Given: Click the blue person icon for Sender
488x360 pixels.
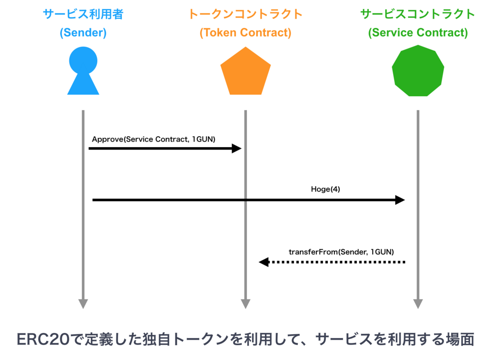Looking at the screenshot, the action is coord(83,70).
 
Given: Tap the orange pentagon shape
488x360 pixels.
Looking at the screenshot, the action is coord(245,71).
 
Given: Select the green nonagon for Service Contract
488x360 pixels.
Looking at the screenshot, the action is coord(418,70).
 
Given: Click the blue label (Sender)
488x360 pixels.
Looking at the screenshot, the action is coord(83,33).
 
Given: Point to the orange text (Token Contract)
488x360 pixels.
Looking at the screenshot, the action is coord(245,33).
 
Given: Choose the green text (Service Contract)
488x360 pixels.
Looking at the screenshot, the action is coord(418,33).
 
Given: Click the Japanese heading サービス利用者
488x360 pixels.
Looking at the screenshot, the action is coord(83,14).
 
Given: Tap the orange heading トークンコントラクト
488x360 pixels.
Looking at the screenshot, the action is coord(245,14).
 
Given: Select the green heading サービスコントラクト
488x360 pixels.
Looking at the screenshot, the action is coord(417,14).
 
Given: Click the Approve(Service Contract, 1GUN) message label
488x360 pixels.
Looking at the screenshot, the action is coord(153,139).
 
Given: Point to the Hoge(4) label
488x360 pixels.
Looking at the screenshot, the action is coord(325,189).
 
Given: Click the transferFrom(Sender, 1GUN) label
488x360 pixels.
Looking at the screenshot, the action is coord(341,252).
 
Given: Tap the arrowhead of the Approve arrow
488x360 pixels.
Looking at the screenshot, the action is coord(236,148).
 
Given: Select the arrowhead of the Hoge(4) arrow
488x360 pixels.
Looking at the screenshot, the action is coord(400,200).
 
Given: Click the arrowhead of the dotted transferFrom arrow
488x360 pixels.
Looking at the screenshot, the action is coord(264,262).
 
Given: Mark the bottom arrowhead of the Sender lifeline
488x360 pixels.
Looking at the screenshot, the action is coord(83,304).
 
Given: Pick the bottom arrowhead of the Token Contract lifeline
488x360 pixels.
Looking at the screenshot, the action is coord(245,304).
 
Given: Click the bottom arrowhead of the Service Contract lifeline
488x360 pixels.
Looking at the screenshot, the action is coord(418,304).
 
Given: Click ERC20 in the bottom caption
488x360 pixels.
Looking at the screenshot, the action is coord(43,339).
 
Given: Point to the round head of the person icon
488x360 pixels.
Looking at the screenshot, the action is coord(83,60).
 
